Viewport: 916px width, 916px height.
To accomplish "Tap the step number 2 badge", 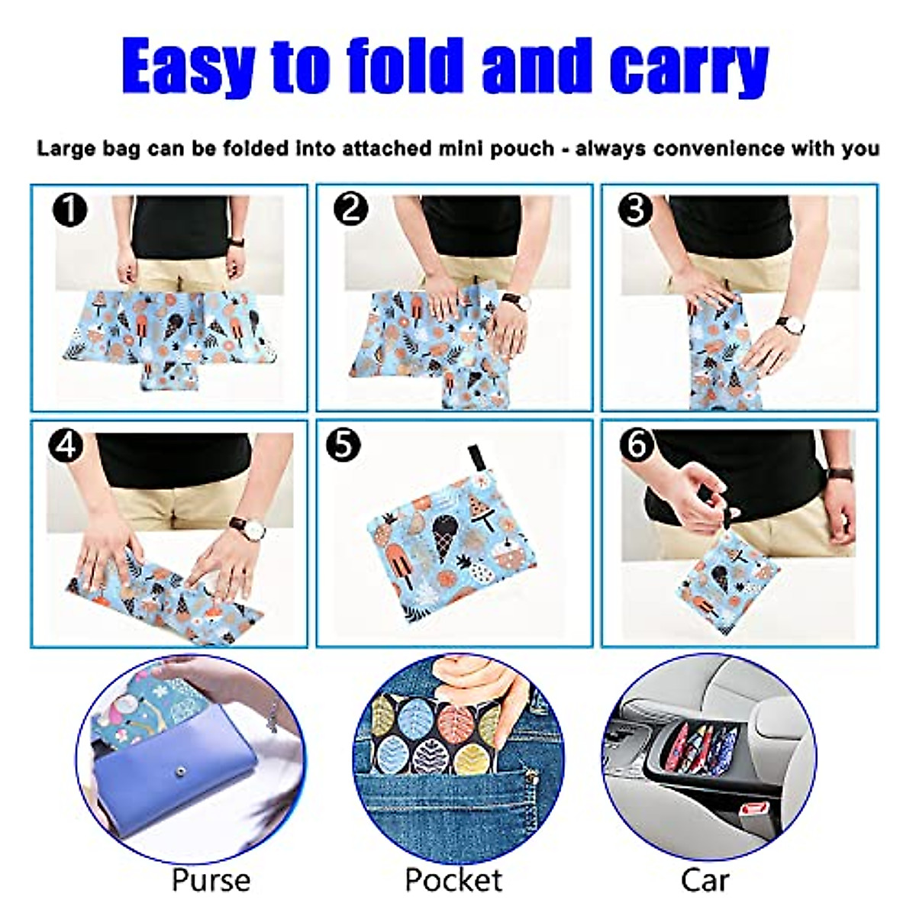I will tap(352, 208).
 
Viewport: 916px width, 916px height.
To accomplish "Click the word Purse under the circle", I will tap(211, 880).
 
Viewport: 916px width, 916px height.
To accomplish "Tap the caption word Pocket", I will tap(453, 880).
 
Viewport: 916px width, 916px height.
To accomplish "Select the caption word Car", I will tap(704, 880).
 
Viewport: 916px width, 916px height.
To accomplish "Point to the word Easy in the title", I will tap(188, 67).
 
